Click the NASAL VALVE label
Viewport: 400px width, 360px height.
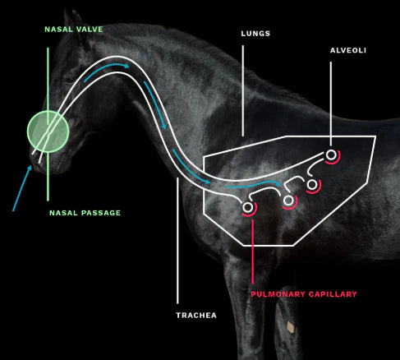click(x=74, y=30)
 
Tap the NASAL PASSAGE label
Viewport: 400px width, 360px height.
click(x=85, y=213)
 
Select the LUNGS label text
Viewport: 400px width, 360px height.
click(x=255, y=34)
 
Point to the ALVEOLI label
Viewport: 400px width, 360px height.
click(x=348, y=50)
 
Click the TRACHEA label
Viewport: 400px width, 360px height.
click(x=196, y=316)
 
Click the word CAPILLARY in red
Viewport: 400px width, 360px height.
click(x=333, y=294)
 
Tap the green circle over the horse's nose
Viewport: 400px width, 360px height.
click(x=48, y=132)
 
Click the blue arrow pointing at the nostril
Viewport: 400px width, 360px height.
click(x=22, y=188)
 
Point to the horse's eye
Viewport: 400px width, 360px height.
click(x=69, y=80)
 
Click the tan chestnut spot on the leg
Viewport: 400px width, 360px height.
click(x=291, y=327)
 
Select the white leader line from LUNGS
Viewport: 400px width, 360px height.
click(x=243, y=91)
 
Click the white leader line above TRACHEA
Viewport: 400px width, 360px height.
click(x=177, y=241)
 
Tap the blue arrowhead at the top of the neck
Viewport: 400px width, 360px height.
click(x=126, y=66)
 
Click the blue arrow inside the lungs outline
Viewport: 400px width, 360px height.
click(x=253, y=185)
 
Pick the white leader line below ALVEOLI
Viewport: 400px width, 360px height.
click(x=331, y=104)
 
